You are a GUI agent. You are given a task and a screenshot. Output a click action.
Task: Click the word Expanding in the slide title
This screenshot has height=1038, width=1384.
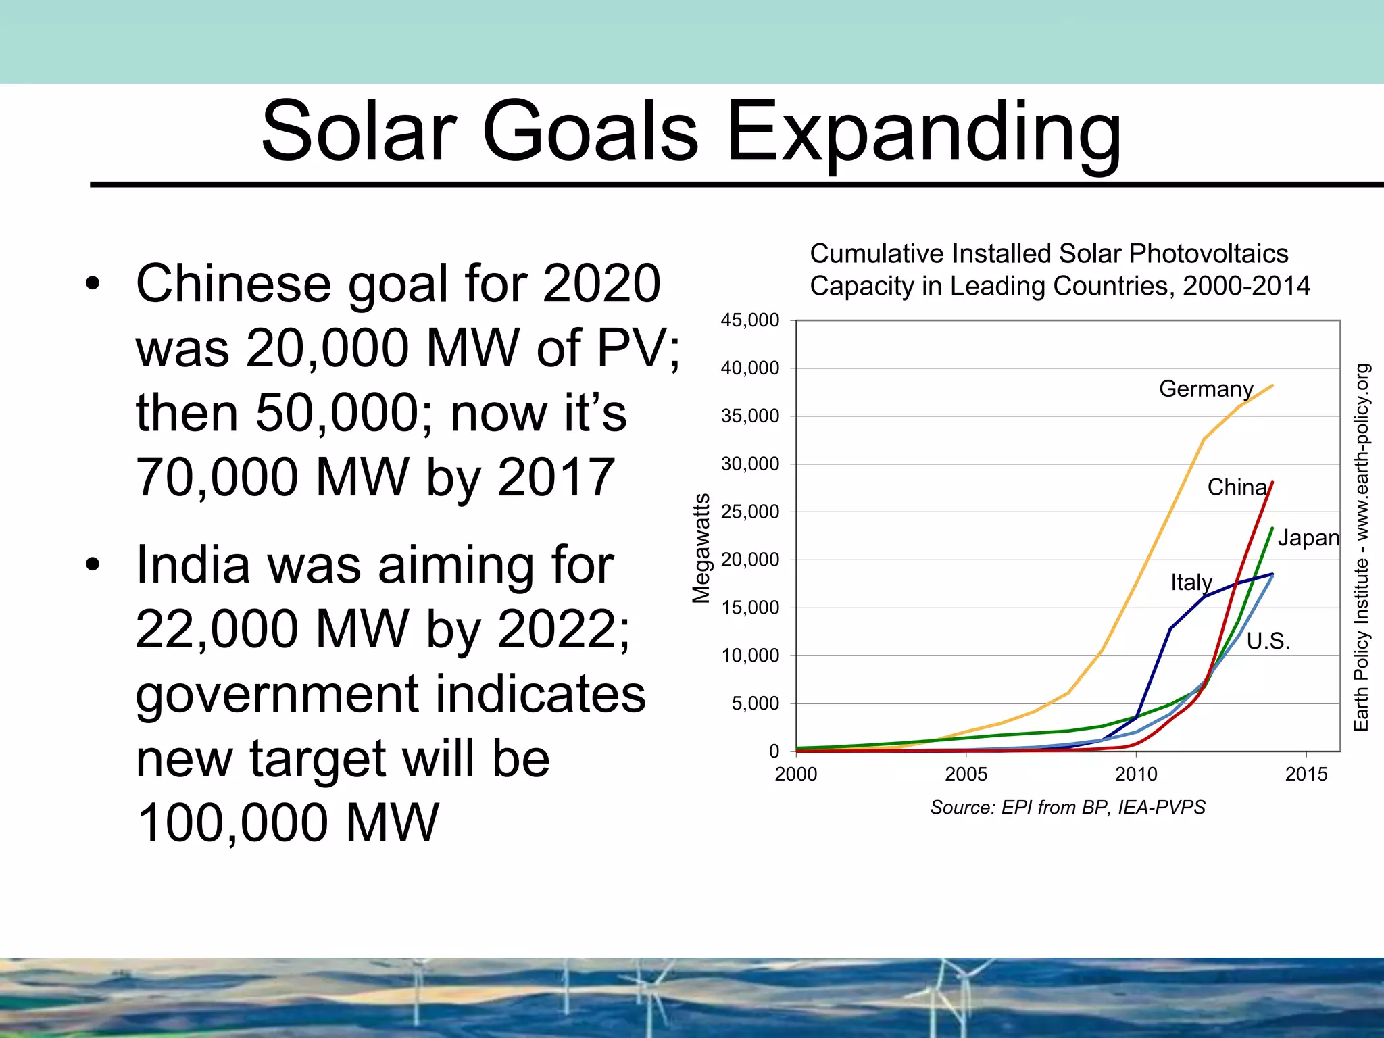tap(923, 132)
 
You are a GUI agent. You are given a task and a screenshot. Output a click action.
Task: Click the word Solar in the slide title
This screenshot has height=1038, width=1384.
tap(359, 132)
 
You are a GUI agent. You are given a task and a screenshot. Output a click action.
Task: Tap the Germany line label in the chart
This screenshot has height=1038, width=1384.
tap(1206, 389)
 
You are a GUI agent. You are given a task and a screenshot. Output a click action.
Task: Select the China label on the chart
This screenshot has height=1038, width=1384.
tap(1237, 487)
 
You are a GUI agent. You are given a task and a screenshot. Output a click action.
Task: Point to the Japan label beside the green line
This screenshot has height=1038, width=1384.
tap(1308, 538)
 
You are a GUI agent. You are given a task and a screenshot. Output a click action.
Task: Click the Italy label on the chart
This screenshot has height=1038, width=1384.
tap(1191, 583)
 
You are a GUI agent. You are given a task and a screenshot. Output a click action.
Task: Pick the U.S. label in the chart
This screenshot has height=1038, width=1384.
tap(1268, 641)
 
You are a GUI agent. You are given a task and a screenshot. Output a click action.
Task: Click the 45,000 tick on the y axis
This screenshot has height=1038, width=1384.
tap(749, 320)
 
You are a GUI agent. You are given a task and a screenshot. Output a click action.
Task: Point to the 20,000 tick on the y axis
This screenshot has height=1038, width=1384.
tap(749, 560)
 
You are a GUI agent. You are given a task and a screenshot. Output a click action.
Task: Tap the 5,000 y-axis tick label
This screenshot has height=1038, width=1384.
tap(755, 704)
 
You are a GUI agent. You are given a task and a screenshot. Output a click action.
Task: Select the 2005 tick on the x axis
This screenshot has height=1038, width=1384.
tap(966, 774)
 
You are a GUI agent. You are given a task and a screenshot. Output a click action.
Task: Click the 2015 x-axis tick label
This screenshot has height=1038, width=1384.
tap(1306, 774)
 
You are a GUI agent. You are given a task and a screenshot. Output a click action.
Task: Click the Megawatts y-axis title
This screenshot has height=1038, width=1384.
tap(701, 548)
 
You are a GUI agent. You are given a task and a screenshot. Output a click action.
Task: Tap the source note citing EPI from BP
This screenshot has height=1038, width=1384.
tap(1068, 808)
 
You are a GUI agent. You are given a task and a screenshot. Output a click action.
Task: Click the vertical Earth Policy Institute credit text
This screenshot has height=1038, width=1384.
tap(1361, 547)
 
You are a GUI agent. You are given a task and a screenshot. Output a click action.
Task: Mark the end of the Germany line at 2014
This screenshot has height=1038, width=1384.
tap(1272, 386)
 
